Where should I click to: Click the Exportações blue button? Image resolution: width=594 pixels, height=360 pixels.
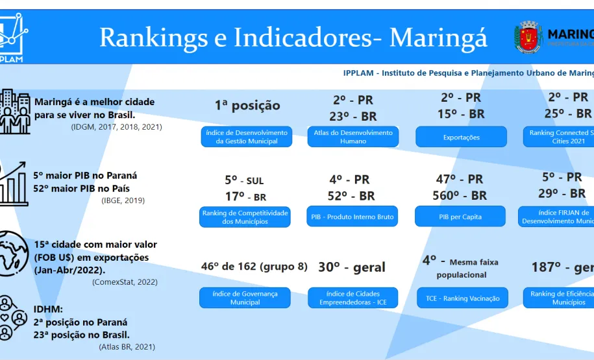(x=461, y=137)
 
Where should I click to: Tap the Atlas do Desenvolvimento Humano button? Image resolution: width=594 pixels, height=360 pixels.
(x=353, y=137)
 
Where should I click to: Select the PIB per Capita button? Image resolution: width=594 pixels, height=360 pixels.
(x=460, y=217)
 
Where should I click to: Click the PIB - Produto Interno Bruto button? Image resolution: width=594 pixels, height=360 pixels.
(x=353, y=217)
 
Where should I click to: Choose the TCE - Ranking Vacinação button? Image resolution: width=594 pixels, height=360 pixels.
(x=462, y=298)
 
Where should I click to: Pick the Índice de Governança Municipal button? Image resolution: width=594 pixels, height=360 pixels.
(x=245, y=298)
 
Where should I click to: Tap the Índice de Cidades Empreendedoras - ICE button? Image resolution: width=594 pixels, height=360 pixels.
(x=353, y=298)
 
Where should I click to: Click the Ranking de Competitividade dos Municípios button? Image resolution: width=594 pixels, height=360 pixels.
(x=245, y=217)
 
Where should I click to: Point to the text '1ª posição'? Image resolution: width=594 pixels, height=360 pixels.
(x=247, y=105)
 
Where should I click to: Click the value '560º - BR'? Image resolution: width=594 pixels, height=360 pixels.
(x=460, y=195)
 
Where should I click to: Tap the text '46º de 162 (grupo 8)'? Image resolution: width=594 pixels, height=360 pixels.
(x=254, y=267)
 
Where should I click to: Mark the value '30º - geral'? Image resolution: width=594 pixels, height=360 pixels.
(x=352, y=267)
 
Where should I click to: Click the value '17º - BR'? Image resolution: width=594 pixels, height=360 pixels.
(x=245, y=197)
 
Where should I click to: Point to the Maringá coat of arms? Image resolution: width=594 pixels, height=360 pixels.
(x=527, y=36)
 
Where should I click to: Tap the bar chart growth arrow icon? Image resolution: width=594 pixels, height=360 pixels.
(x=14, y=183)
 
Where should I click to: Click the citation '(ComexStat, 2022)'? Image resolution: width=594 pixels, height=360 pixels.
(x=125, y=282)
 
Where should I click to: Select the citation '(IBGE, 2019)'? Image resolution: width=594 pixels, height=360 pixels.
(x=123, y=200)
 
